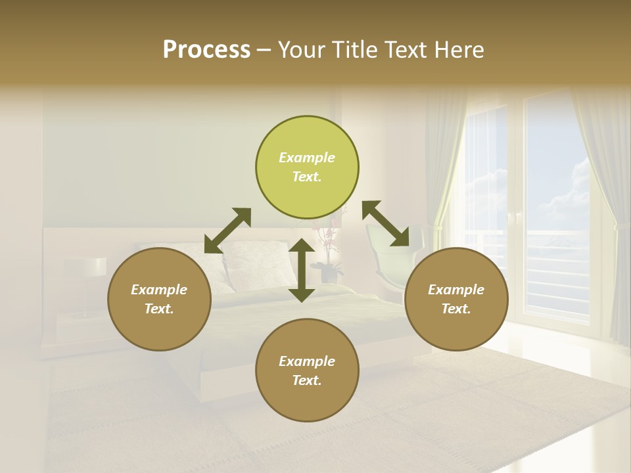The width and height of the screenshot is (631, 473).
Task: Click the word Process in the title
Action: tap(206, 50)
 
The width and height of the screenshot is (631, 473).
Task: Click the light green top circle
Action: tap(307, 168)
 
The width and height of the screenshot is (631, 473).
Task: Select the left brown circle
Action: tap(159, 299)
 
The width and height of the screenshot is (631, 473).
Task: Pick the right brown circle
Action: tap(456, 299)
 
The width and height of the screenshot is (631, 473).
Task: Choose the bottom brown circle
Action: tap(307, 371)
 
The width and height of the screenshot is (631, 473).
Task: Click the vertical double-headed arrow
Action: tap(302, 270)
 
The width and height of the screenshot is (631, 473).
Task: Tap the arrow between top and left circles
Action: tap(227, 231)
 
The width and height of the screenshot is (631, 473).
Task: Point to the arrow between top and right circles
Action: tap(386, 224)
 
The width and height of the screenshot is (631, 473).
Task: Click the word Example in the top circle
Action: tap(307, 158)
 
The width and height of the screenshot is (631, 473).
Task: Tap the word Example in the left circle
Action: tap(159, 290)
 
